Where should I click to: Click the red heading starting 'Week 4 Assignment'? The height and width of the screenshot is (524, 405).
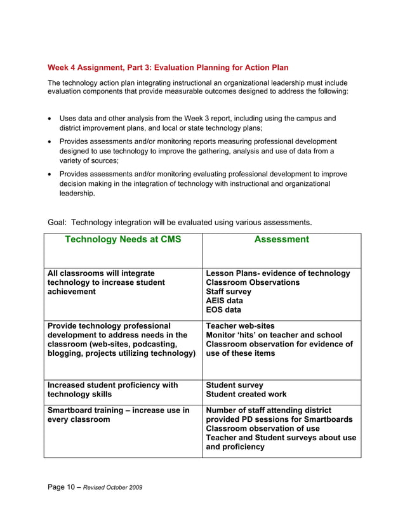[168, 68]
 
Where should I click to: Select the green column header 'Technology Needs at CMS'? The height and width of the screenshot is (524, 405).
[123, 239]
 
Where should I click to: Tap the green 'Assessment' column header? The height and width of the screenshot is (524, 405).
[281, 239]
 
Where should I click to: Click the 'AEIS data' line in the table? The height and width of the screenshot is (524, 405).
[224, 301]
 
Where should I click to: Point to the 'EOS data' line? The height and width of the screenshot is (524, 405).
[223, 310]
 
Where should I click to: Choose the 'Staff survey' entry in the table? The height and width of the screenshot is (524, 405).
[229, 292]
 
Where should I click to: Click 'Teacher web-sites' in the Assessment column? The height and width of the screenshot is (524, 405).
[241, 325]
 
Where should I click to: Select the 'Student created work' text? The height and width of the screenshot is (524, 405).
[246, 395]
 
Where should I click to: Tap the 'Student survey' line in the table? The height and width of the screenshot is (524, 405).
[234, 385]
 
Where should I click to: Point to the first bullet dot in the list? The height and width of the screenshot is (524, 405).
[51, 119]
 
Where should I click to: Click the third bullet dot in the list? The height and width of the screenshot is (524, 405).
[51, 174]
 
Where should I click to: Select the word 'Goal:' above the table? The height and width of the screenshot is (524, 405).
[58, 222]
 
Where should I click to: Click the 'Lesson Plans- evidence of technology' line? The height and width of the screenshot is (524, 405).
[278, 273]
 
